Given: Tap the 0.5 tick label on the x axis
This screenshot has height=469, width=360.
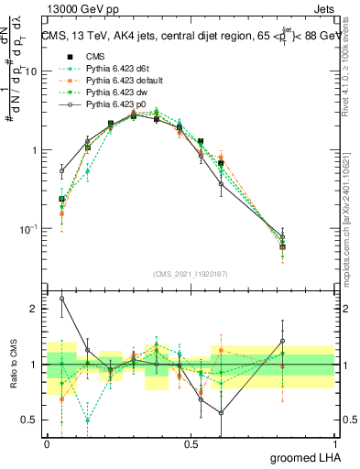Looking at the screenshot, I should (x=191, y=442).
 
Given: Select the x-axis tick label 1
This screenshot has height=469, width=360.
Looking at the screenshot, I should (x=336, y=442).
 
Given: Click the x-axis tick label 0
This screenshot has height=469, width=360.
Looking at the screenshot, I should (x=47, y=442).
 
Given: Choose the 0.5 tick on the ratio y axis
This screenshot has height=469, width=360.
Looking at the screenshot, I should (x=30, y=420).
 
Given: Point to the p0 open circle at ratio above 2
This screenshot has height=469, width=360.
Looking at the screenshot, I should (x=61, y=298).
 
